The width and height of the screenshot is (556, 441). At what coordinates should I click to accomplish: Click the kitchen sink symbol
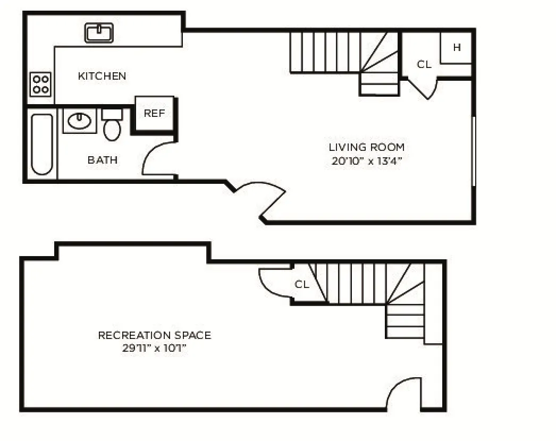pyautogui.click(x=99, y=33)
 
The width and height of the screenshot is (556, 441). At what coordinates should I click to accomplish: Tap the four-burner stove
pyautogui.click(x=40, y=84)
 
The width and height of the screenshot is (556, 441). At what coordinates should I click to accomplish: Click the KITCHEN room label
pyautogui.click(x=102, y=76)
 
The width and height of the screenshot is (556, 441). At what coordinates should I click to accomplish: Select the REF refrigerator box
pyautogui.click(x=154, y=113)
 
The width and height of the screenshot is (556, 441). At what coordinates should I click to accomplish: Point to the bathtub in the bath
pyautogui.click(x=42, y=144)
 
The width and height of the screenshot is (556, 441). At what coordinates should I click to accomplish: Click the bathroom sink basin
pyautogui.click(x=80, y=121)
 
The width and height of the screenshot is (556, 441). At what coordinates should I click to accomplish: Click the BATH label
pyautogui.click(x=103, y=160)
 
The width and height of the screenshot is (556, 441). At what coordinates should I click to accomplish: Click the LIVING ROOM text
pyautogui.click(x=366, y=147)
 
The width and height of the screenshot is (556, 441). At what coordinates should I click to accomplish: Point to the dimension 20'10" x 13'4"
pyautogui.click(x=366, y=161)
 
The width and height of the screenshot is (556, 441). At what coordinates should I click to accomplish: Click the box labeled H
pyautogui.click(x=457, y=48)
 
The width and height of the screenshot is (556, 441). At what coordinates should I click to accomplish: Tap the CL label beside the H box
pyautogui.click(x=424, y=65)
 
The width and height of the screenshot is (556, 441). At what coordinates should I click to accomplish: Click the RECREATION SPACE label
pyautogui.click(x=154, y=335)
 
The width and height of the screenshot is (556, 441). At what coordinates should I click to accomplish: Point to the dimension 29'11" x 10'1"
pyautogui.click(x=154, y=349)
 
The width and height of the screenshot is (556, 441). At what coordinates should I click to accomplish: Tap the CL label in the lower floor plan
pyautogui.click(x=302, y=284)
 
